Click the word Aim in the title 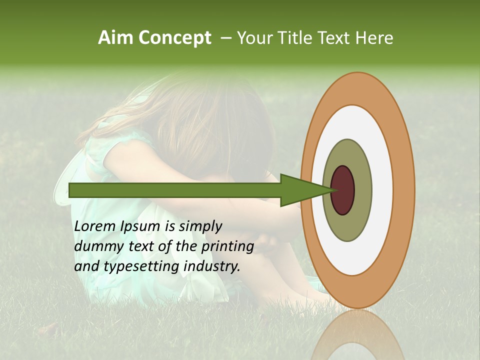point(115,38)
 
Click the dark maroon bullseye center point(343,190)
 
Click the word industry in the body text point(212,266)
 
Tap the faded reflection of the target point(358,335)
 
